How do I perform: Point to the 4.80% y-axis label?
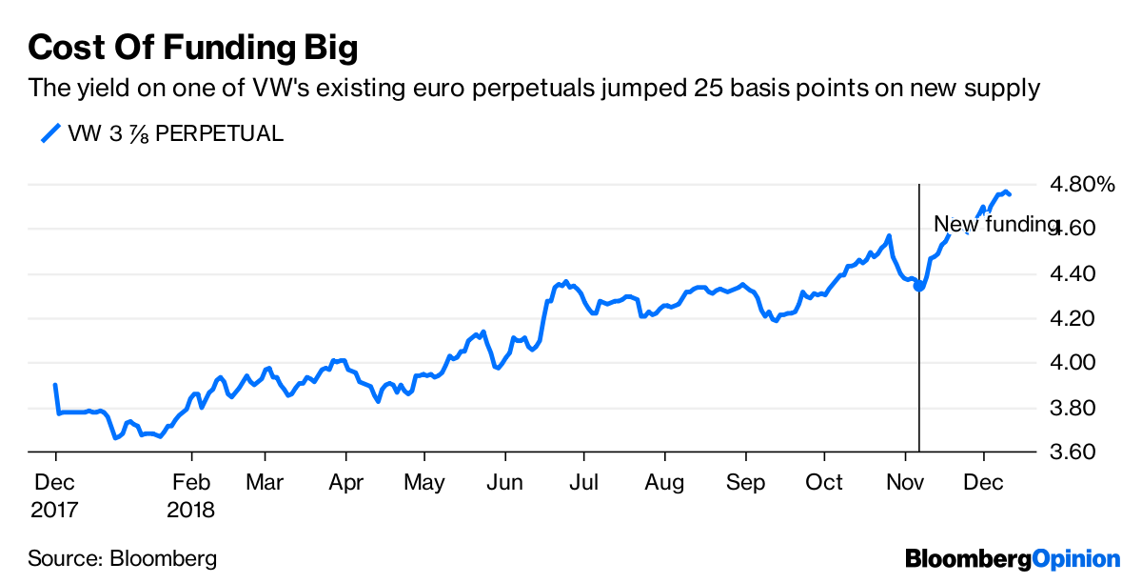tap(1080, 184)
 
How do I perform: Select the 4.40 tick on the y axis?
tap(1072, 274)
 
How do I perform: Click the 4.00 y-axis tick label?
tap(1072, 363)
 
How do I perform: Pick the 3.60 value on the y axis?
tap(1072, 452)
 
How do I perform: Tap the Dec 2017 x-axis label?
tap(55, 495)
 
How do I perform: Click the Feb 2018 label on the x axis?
tap(191, 495)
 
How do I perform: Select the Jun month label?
tap(505, 482)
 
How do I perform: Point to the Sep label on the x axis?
tap(745, 482)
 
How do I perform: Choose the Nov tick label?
tap(905, 482)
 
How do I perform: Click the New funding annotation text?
tap(995, 225)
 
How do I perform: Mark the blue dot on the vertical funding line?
tap(918, 285)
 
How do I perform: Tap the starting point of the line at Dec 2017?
tap(55, 386)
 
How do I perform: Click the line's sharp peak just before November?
tap(889, 235)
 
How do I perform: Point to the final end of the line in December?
tap(1010, 195)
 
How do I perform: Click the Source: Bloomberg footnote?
tap(122, 558)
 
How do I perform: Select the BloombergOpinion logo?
tap(1013, 558)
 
